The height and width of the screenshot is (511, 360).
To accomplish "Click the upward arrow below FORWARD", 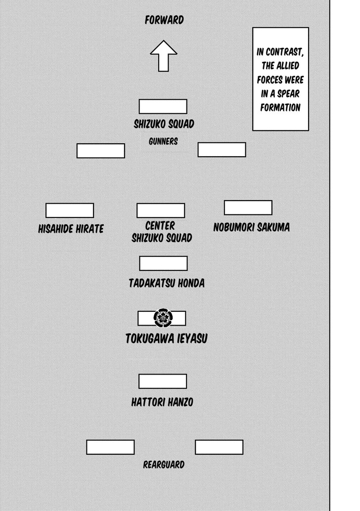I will coord(164,55).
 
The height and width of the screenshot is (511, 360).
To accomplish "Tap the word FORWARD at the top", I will coord(164,20).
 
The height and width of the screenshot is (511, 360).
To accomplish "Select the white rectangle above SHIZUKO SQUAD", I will coord(163,106).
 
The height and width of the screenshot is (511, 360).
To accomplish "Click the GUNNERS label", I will coord(163,141).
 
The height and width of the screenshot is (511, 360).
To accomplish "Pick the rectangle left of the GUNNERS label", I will coord(100,151).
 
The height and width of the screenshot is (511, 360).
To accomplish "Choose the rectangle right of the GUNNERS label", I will coord(222,150).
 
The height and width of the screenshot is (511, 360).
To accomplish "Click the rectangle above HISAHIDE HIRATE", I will coord(70,211).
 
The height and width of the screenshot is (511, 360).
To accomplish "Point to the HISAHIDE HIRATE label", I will coord(71,229).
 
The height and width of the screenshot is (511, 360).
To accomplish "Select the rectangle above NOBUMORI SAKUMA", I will coord(248,208).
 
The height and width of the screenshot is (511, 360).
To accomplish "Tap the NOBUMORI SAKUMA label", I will coord(251,227).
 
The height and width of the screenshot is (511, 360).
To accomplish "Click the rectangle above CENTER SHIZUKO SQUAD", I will coord(161,211).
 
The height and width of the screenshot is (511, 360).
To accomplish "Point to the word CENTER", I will coord(160,226).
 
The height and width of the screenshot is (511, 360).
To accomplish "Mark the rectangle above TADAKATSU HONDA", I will coord(163,263).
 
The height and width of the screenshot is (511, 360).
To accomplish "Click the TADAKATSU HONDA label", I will coord(166,283).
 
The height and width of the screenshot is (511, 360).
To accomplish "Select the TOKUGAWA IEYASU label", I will coord(166,339).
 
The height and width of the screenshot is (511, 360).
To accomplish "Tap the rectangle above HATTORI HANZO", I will coord(163,382).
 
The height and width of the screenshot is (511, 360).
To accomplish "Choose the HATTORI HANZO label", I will coord(162,402).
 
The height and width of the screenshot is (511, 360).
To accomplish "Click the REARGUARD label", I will coord(164,465).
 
